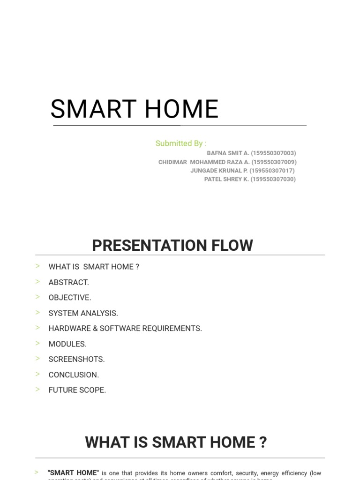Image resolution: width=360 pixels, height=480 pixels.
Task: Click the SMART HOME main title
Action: (135, 109)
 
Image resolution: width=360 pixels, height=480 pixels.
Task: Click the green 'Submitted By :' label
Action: (181, 143)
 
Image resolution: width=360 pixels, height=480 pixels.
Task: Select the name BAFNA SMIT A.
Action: (228, 153)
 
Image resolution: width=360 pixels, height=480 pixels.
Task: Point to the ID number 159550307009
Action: (274, 162)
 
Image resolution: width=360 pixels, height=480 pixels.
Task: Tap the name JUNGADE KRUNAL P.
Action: (219, 171)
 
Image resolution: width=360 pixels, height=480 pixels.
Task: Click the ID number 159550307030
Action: (273, 179)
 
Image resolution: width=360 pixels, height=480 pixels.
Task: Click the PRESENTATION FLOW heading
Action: (172, 245)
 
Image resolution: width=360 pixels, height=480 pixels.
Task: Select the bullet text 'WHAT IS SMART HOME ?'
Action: (94, 267)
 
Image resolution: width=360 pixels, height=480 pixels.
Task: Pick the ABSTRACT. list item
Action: (68, 282)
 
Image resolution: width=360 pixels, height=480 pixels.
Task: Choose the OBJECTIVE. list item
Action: (70, 298)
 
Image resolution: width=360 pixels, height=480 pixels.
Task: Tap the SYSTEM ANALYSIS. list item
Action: (83, 313)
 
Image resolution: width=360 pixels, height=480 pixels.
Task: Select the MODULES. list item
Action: (67, 344)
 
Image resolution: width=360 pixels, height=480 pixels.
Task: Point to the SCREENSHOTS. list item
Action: (76, 360)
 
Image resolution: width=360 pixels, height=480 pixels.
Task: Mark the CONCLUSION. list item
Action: (74, 375)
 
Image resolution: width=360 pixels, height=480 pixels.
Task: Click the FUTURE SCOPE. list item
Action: (77, 390)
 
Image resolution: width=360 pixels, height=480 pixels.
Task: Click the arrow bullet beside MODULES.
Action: (37, 344)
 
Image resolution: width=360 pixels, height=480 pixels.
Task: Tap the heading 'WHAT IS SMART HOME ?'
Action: (176, 442)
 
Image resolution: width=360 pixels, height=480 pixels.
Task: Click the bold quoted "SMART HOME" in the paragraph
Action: (74, 473)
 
